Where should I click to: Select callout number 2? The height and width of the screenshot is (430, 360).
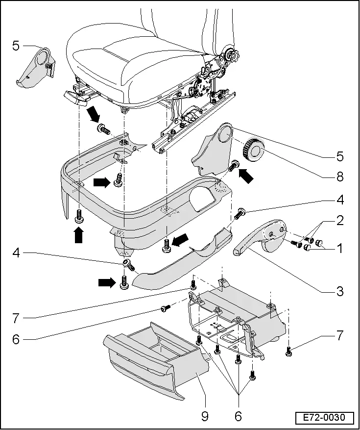(x=339, y=221)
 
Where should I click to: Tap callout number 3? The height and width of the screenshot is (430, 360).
(x=339, y=291)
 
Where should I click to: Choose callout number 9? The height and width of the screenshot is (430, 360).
(x=205, y=416)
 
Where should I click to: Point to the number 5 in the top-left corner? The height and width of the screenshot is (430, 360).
(x=16, y=47)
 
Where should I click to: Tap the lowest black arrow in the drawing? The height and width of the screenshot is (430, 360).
(x=107, y=282)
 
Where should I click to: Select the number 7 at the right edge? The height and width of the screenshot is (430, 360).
(x=339, y=336)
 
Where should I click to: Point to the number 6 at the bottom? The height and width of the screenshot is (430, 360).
(x=238, y=416)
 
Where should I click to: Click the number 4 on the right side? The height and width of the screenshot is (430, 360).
(x=339, y=200)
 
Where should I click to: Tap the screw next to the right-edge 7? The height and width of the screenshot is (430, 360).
(x=289, y=350)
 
